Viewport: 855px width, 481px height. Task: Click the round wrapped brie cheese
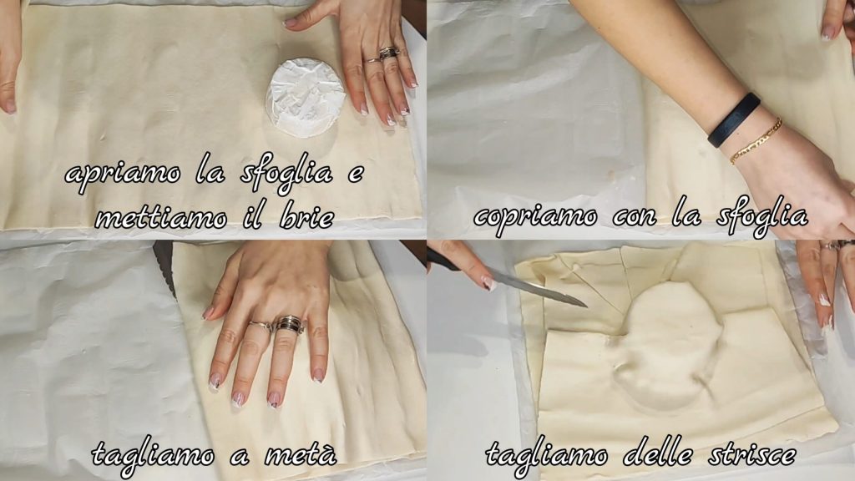tap(305, 99)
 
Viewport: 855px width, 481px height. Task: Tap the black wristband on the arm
tap(734, 119)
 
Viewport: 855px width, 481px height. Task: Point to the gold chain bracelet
tap(756, 141)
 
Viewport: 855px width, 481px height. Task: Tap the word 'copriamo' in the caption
tap(535, 217)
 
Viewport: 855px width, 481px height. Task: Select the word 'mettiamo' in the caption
tap(161, 218)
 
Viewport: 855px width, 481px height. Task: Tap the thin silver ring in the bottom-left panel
tap(261, 327)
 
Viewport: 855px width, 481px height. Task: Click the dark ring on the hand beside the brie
tap(389, 53)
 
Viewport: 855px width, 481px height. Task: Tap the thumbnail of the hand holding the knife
tap(488, 284)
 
